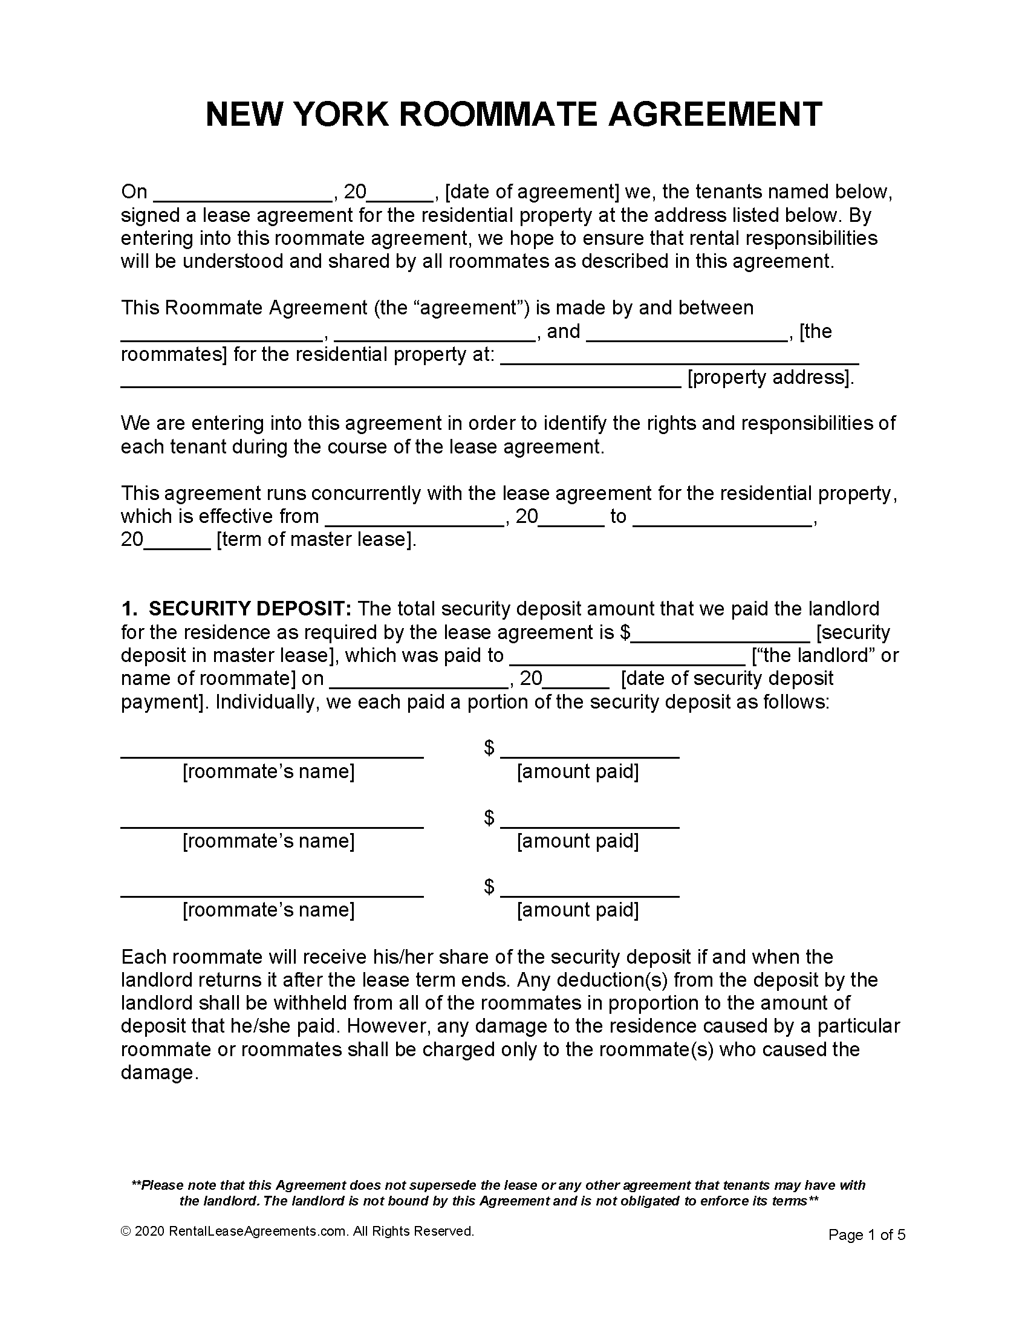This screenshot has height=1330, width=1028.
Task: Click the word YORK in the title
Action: pyautogui.click(x=338, y=114)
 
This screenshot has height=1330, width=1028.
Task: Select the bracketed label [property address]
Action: pyautogui.click(x=770, y=378)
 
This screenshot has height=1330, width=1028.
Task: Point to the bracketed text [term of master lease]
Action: pyautogui.click(x=316, y=539)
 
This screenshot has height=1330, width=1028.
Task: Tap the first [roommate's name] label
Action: pyautogui.click(x=268, y=772)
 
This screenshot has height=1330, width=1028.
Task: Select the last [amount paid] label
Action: pyautogui.click(x=577, y=910)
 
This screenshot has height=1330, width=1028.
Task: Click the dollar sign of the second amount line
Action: pyautogui.click(x=489, y=818)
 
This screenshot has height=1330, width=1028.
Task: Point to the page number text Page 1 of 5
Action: pyautogui.click(x=867, y=1235)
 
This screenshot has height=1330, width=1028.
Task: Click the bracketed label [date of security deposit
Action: pyautogui.click(x=727, y=678)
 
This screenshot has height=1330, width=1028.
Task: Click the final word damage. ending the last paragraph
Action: pyautogui.click(x=160, y=1072)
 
